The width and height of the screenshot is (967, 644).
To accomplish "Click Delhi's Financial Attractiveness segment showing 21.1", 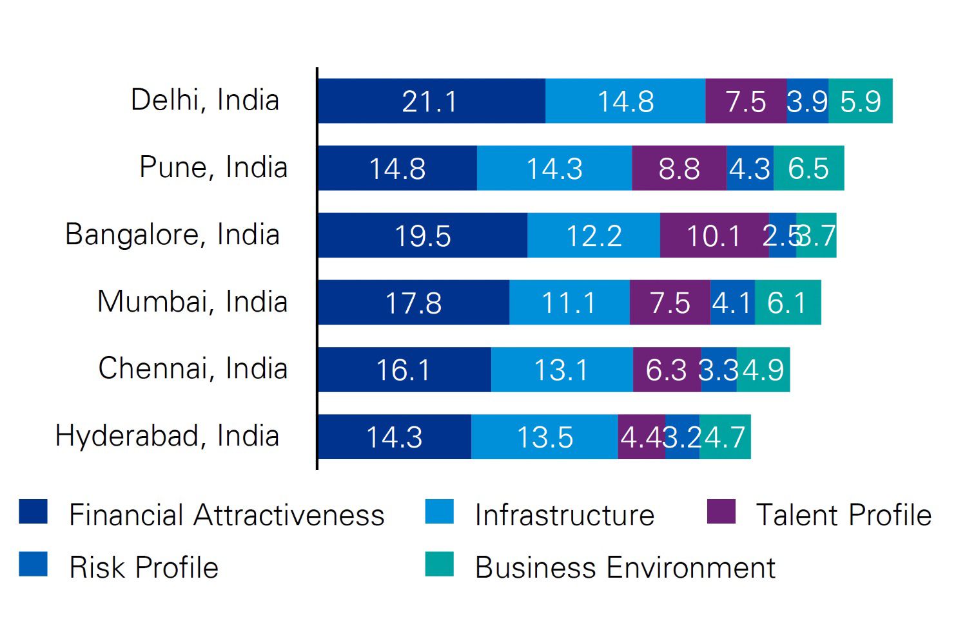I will [x=431, y=101].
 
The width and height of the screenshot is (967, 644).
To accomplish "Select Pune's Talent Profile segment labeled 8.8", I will [x=679, y=168].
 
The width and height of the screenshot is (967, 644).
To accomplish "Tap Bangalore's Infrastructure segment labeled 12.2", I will [x=594, y=235].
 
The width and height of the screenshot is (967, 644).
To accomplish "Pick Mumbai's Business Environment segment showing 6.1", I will [x=788, y=302].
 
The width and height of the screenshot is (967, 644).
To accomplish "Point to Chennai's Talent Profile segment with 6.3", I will [x=667, y=370].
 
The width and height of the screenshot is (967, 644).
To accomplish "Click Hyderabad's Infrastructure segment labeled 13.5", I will [x=545, y=437].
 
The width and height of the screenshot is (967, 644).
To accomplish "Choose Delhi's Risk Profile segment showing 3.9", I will [x=807, y=101].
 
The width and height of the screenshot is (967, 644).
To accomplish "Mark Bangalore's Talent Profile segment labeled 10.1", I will [x=714, y=235].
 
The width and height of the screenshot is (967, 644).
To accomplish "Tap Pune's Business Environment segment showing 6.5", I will [x=809, y=168].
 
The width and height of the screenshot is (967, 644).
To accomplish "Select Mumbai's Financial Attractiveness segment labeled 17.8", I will [x=413, y=302].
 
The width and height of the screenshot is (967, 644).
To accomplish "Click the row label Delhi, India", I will [x=205, y=100].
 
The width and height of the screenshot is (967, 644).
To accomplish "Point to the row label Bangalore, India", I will [x=172, y=234].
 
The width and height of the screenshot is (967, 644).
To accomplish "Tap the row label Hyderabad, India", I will [x=167, y=436].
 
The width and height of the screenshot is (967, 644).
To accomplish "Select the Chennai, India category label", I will [x=193, y=368].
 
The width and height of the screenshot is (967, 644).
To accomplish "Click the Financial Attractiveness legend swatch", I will [x=33, y=512].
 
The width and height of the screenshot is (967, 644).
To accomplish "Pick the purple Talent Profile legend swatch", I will [x=721, y=512].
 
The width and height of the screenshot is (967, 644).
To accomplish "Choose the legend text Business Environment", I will [x=625, y=568].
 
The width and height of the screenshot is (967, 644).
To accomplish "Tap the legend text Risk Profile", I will [x=144, y=568].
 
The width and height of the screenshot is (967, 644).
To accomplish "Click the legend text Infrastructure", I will [x=564, y=515].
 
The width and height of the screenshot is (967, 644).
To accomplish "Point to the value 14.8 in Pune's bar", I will [x=397, y=169].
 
